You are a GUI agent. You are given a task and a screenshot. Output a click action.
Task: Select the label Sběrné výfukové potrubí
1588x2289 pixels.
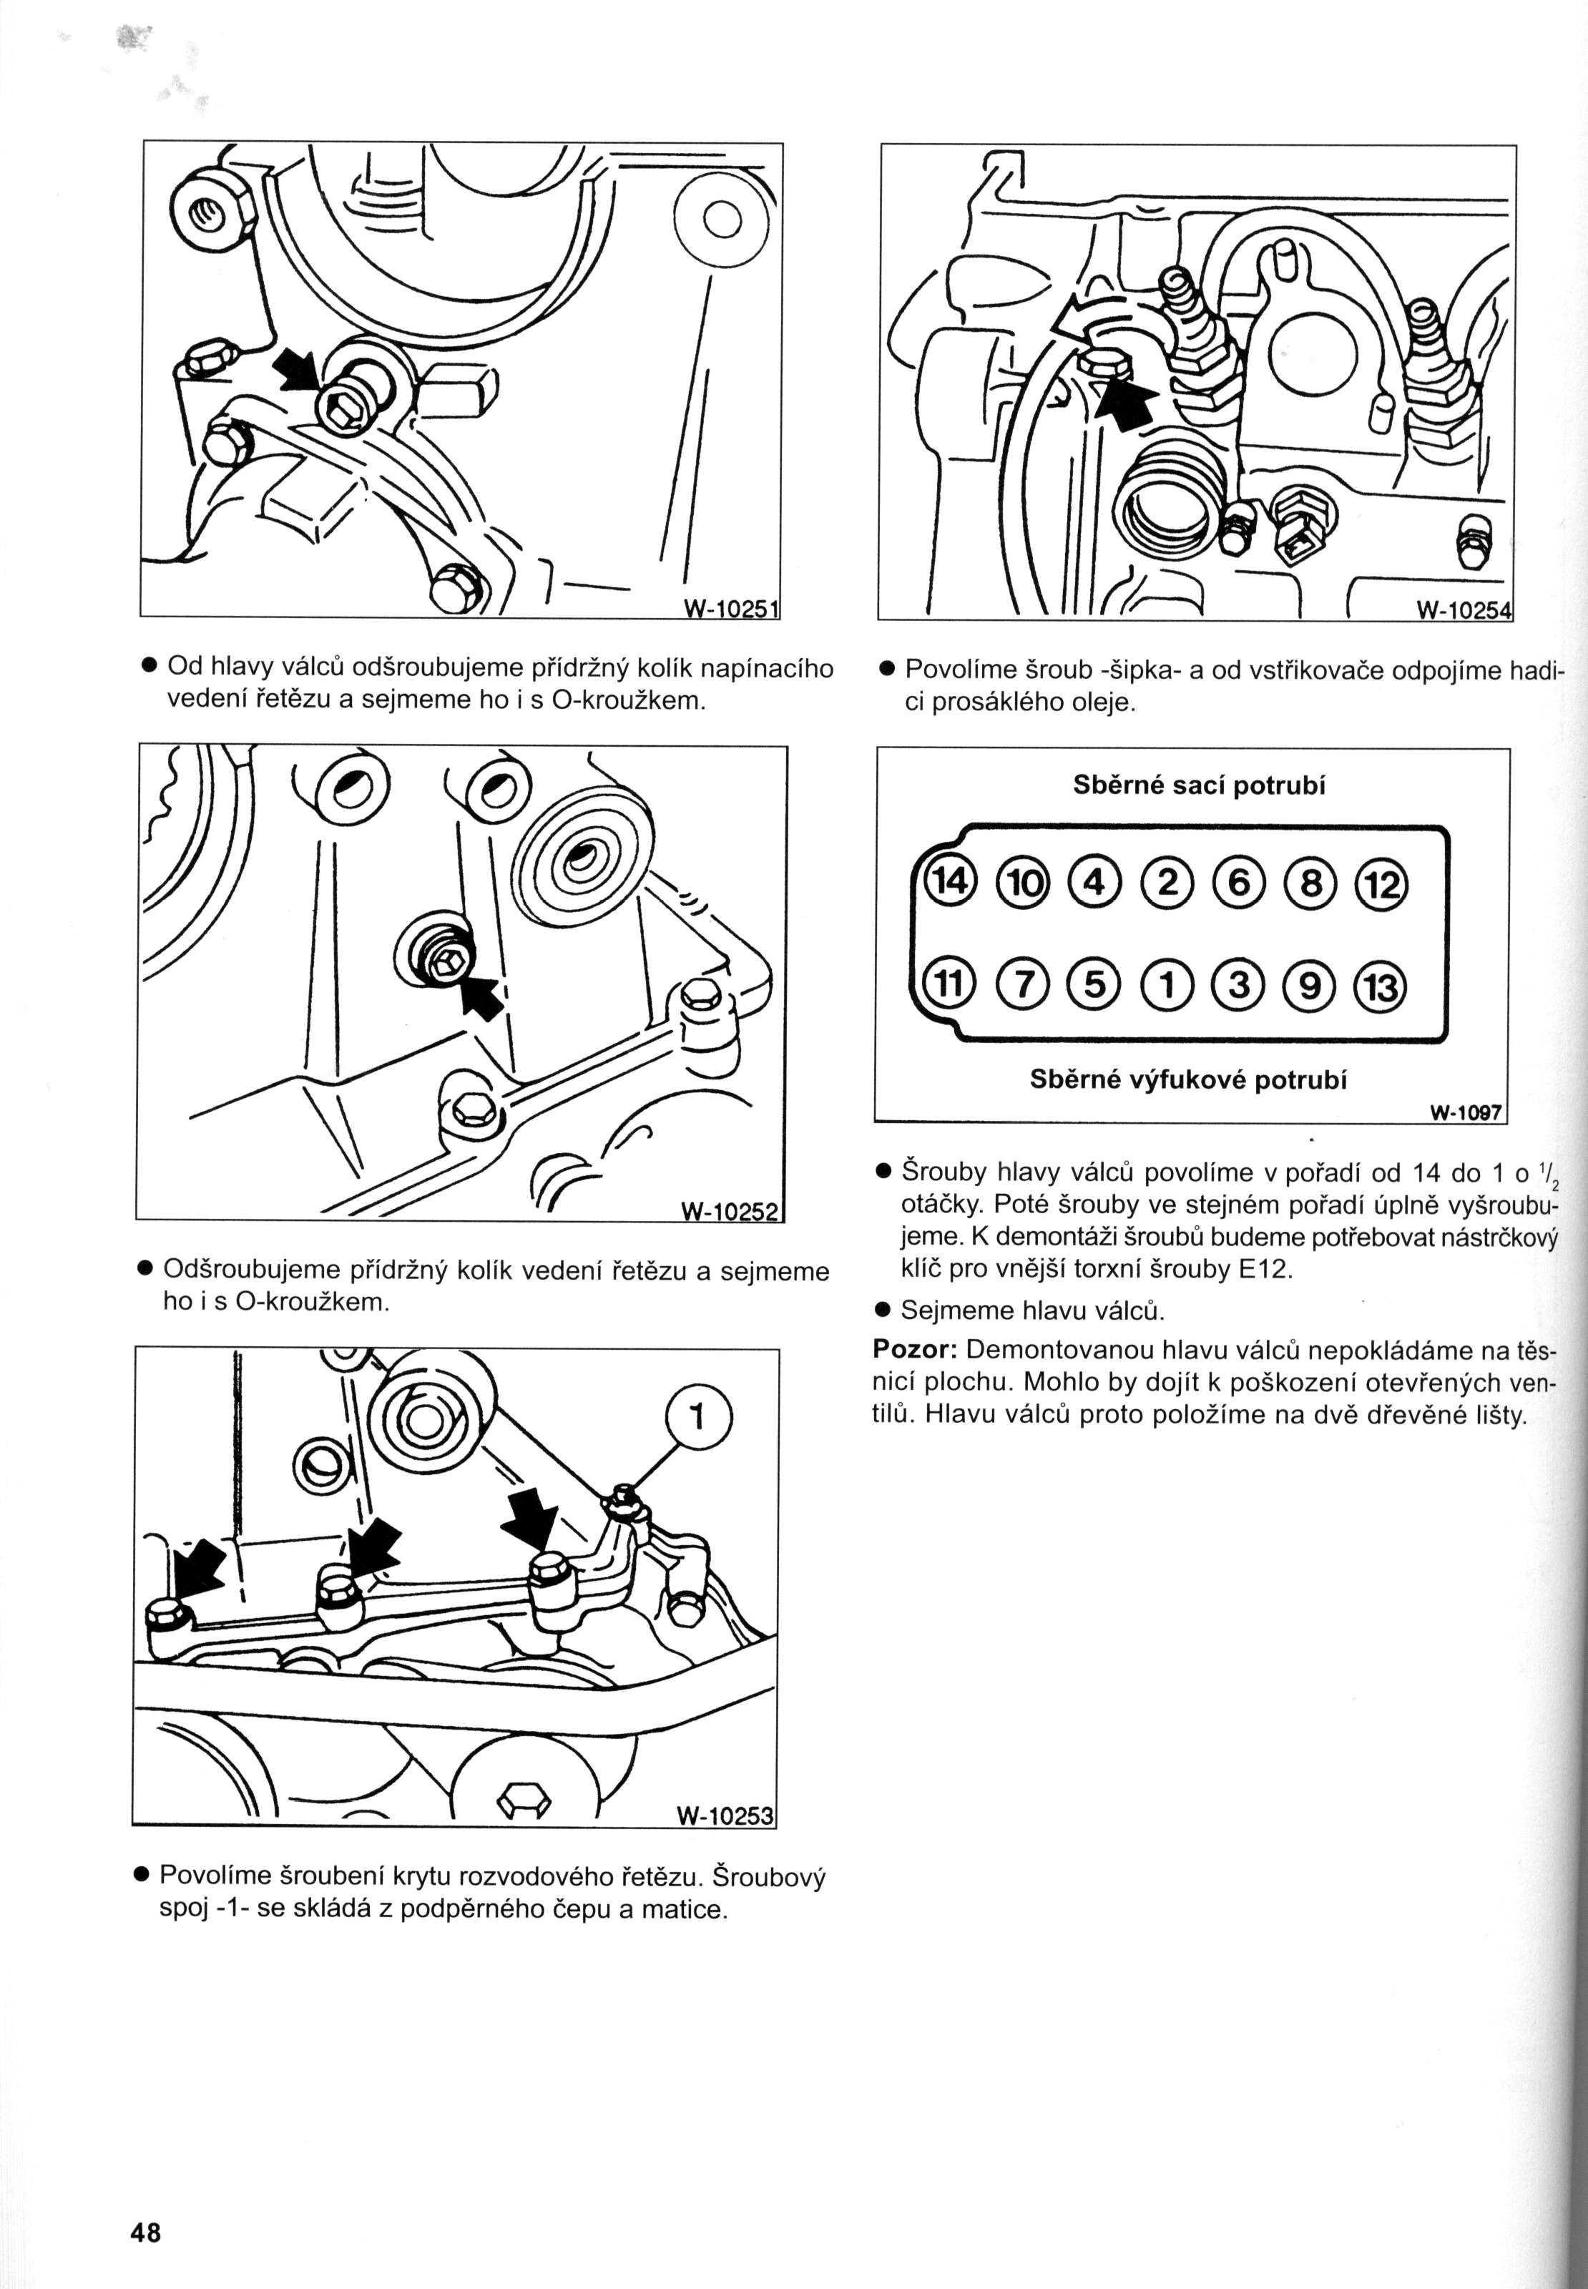tap(1188, 1079)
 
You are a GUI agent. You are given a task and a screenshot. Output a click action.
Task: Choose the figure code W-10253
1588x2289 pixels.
tap(725, 1816)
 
